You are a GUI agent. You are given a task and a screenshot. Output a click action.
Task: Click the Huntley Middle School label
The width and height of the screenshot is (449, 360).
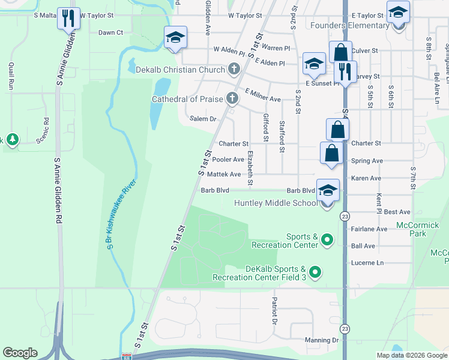(276, 203)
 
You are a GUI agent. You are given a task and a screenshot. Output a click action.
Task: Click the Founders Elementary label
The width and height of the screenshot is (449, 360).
(350, 26)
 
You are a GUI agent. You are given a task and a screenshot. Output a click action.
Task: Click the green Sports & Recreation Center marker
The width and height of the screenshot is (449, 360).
(327, 241)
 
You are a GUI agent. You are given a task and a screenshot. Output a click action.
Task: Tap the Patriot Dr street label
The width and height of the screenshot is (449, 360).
(274, 310)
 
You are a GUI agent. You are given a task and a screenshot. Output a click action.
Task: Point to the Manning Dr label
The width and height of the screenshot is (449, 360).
(322, 340)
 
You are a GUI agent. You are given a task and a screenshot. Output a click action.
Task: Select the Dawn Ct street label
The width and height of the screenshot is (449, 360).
(110, 32)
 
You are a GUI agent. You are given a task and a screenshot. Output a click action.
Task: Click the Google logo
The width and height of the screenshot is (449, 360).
(20, 353)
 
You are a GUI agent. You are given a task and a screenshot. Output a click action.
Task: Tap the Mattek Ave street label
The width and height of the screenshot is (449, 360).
(223, 175)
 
